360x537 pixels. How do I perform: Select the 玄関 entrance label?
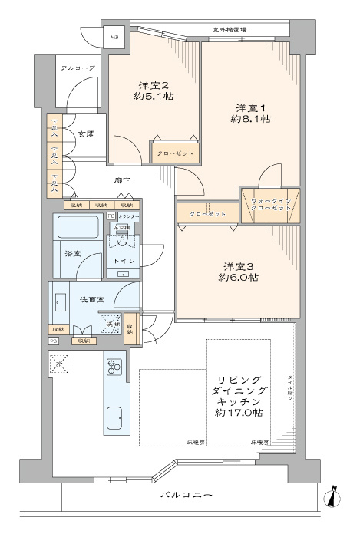pos(84,133)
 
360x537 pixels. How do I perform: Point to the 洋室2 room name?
pos(154,84)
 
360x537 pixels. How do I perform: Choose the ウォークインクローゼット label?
pos(271,205)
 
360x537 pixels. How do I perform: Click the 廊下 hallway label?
pos(122,180)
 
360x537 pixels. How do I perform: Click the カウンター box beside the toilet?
pos(127,218)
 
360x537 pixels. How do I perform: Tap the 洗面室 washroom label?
pos(93,300)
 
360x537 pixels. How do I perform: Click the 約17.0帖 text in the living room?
pos(241,413)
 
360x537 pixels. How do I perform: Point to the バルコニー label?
pos(187,496)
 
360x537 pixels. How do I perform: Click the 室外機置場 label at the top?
pos(230,30)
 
